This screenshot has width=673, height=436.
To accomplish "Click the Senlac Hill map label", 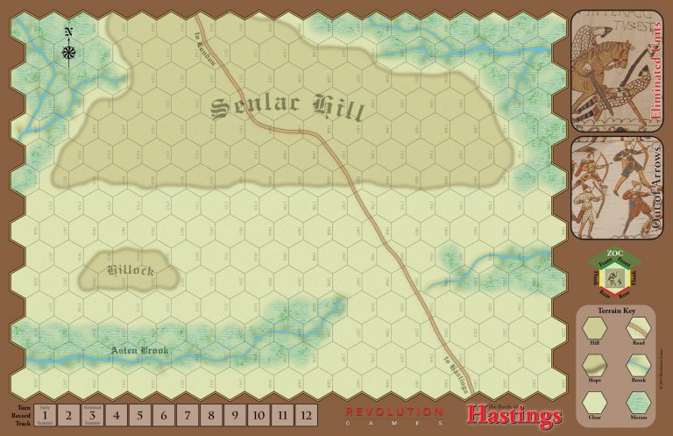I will [287, 109].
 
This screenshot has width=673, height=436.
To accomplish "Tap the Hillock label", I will [131, 270].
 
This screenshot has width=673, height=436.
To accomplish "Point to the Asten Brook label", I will [140, 351].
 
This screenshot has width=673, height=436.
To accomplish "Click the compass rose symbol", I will [68, 50].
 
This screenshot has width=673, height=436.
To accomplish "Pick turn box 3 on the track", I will [92, 414].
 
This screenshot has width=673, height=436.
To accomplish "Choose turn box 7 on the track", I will [187, 414].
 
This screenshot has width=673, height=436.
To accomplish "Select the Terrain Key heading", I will [616, 311].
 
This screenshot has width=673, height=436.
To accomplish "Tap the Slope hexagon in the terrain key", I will [596, 368].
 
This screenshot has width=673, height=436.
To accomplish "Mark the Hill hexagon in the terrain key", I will [596, 330].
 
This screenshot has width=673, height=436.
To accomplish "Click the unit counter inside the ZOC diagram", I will [617, 278].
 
